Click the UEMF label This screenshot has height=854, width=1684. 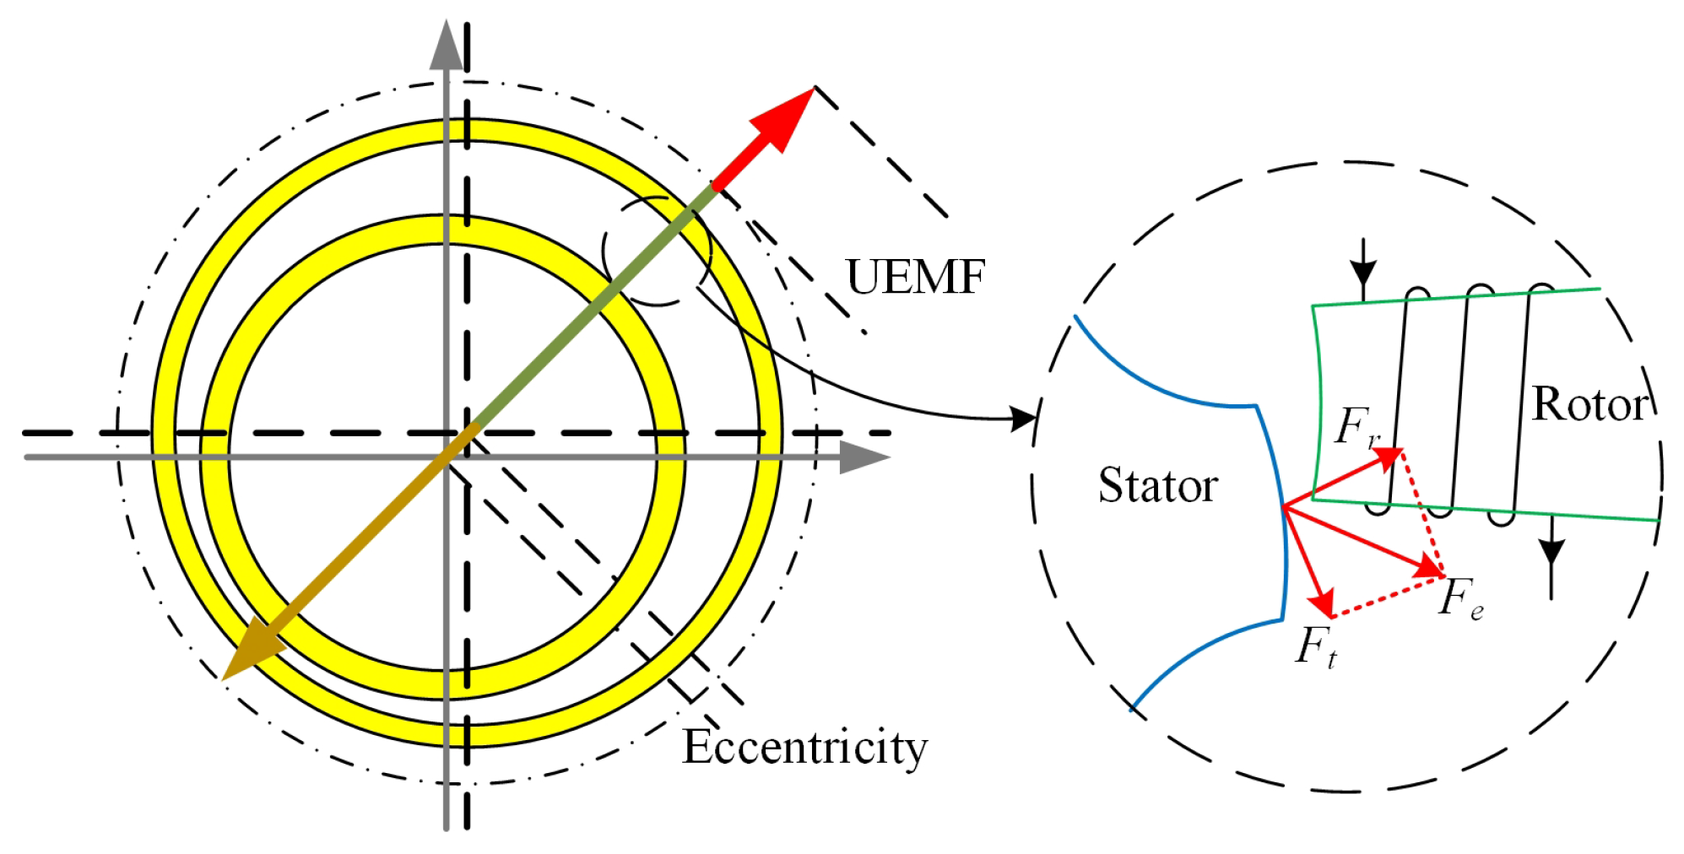(915, 277)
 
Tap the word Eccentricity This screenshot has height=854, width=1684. (804, 747)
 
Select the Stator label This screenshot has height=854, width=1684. (1157, 485)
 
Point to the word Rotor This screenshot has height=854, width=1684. (1589, 404)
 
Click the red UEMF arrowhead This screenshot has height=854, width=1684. (782, 118)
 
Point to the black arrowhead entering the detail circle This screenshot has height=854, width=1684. (1023, 417)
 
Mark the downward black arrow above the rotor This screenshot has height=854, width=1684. (1362, 270)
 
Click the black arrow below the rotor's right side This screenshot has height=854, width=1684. (1551, 557)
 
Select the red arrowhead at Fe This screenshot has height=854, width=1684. (1432, 567)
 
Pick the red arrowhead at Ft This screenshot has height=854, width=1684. (1322, 603)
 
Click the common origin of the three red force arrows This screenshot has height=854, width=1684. (1283, 506)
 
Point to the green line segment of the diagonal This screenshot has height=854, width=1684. (595, 305)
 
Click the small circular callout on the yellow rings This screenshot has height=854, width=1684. (657, 251)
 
